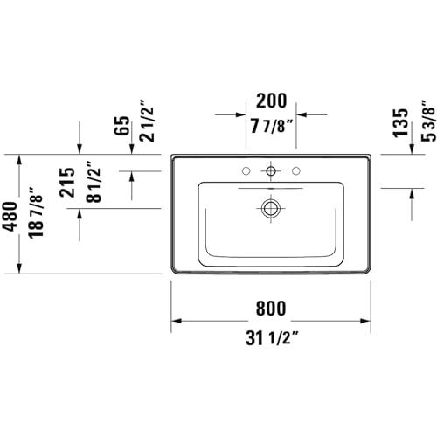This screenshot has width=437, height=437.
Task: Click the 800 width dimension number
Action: coord(271,309)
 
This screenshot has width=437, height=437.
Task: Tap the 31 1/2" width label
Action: coord(272,338)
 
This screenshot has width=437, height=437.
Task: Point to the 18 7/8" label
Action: coord(36,212)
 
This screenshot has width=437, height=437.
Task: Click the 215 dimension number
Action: coord(67,183)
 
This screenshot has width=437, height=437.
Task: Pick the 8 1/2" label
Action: coord(94,182)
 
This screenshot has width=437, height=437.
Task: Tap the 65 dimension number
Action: coord(121,126)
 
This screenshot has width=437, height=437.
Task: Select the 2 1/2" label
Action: coord(146,121)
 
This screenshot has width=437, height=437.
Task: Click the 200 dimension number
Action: coord(271,101)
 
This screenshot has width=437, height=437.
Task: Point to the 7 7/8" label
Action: coord(271,126)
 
